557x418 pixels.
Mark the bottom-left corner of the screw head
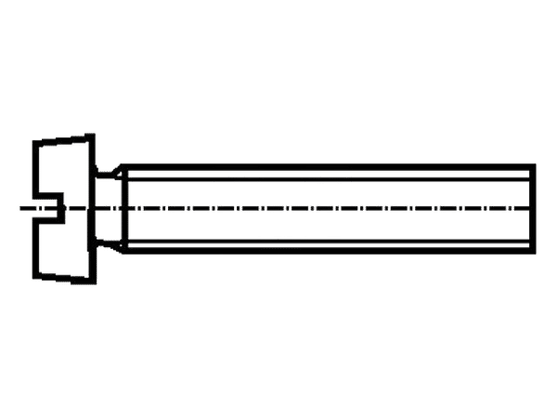click(x=34, y=275)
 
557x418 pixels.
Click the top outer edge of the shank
click(x=325, y=166)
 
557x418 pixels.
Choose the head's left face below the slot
click(x=34, y=246)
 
